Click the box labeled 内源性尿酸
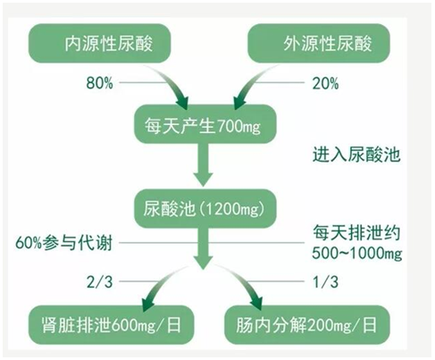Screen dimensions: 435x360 (x=99, y=44)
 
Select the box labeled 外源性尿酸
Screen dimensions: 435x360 (x=319, y=44)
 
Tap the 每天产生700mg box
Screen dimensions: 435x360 (x=205, y=124)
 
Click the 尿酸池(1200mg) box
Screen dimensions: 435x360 (x=205, y=208)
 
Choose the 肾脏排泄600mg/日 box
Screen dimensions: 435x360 (x=111, y=325)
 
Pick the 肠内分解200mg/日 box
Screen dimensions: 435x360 (x=307, y=325)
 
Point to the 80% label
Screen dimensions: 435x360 (x=100, y=83)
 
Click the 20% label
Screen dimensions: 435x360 (x=325, y=83)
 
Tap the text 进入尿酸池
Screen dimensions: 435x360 (x=356, y=155)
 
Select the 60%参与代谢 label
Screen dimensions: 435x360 (x=63, y=243)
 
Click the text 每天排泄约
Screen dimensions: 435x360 (x=356, y=233)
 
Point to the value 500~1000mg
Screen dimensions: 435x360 (x=357, y=254)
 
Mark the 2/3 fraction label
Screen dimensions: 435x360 (x=100, y=281)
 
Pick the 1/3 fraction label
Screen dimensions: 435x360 (x=326, y=281)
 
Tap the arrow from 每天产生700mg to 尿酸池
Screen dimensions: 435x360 (x=204, y=164)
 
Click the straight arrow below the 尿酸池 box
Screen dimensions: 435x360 (x=204, y=248)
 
